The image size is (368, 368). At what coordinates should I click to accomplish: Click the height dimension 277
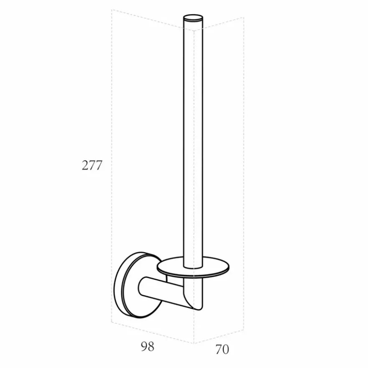[92, 165]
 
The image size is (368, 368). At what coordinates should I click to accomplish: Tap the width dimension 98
[147, 346]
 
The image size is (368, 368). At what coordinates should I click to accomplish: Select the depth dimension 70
[222, 350]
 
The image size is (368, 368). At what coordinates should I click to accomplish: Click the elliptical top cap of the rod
[193, 18]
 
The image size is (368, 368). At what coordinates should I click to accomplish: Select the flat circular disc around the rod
[193, 268]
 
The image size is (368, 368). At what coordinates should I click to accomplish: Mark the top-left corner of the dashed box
[112, 10]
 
